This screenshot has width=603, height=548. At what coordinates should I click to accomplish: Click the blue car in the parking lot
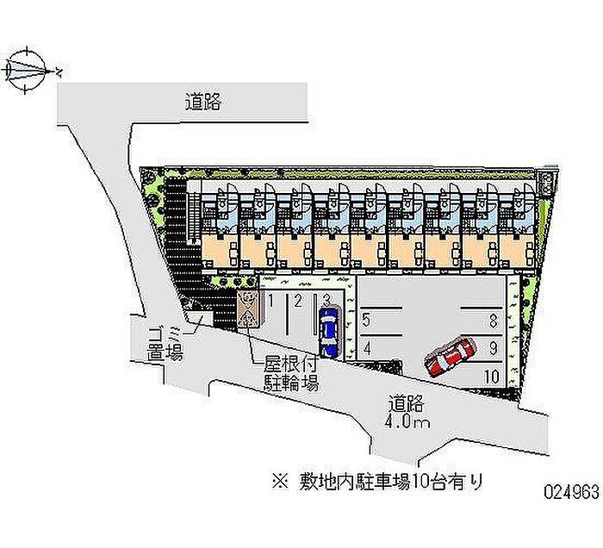click(x=328, y=333)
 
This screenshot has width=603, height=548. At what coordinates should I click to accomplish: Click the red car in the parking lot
click(x=451, y=356)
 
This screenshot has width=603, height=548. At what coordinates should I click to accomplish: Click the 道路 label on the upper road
click(x=204, y=103)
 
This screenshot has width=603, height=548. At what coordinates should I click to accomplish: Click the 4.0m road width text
click(x=408, y=422)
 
